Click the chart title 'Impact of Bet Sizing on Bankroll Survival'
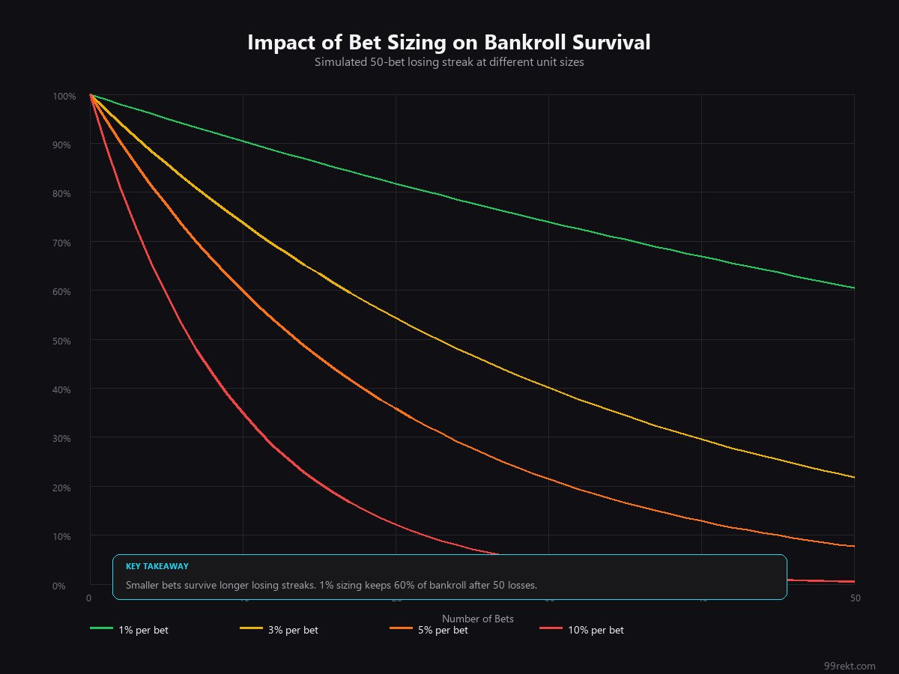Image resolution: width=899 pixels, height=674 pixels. pyautogui.click(x=449, y=43)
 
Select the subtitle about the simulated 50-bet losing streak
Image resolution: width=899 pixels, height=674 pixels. pyautogui.click(x=449, y=63)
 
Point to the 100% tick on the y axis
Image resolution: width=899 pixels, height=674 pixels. pyautogui.click(x=64, y=97)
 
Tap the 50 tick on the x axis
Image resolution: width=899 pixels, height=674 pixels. pyautogui.click(x=854, y=598)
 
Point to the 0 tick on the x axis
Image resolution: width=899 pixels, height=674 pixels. pyautogui.click(x=88, y=598)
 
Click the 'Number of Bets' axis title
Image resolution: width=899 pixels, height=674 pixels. pyautogui.click(x=477, y=619)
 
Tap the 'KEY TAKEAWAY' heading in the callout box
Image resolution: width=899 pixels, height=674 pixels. pyautogui.click(x=157, y=567)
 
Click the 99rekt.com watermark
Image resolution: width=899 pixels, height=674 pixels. pyautogui.click(x=849, y=666)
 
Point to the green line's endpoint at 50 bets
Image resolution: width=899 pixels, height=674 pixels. pyautogui.click(x=854, y=288)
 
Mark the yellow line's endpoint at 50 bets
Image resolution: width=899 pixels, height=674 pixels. pyautogui.click(x=854, y=477)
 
